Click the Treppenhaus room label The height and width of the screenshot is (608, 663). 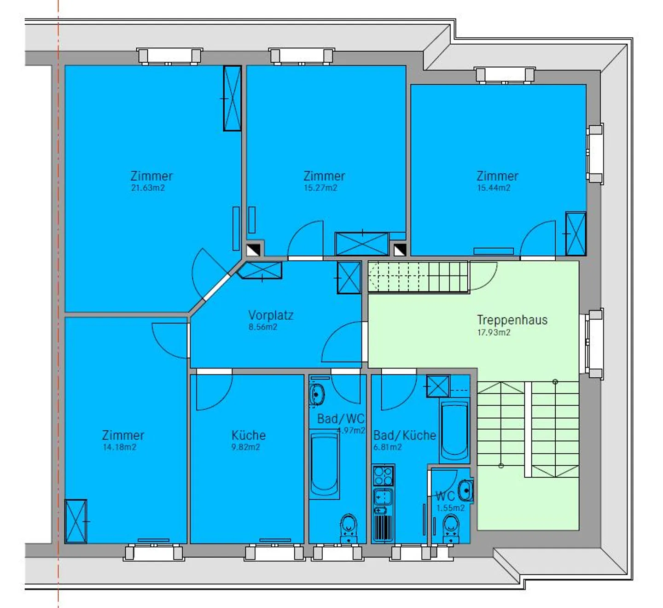[512, 320]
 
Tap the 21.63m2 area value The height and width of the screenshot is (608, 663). [148, 188]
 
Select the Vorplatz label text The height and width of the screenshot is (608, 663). [271, 316]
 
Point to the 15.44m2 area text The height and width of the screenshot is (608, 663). [494, 188]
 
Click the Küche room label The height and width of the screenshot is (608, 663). [249, 435]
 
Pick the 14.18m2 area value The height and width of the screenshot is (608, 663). [119, 447]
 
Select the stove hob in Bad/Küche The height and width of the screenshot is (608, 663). [383, 476]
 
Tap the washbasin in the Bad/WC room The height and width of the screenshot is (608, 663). [317, 394]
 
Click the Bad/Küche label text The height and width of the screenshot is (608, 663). [404, 435]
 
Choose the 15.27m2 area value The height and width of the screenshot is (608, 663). [320, 188]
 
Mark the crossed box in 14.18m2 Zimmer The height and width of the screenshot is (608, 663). [76, 521]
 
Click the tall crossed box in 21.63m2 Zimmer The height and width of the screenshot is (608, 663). [233, 99]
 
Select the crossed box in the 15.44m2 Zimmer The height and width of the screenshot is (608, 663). [576, 234]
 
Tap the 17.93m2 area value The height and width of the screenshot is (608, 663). [494, 333]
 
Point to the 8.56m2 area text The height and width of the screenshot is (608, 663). [263, 327]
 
